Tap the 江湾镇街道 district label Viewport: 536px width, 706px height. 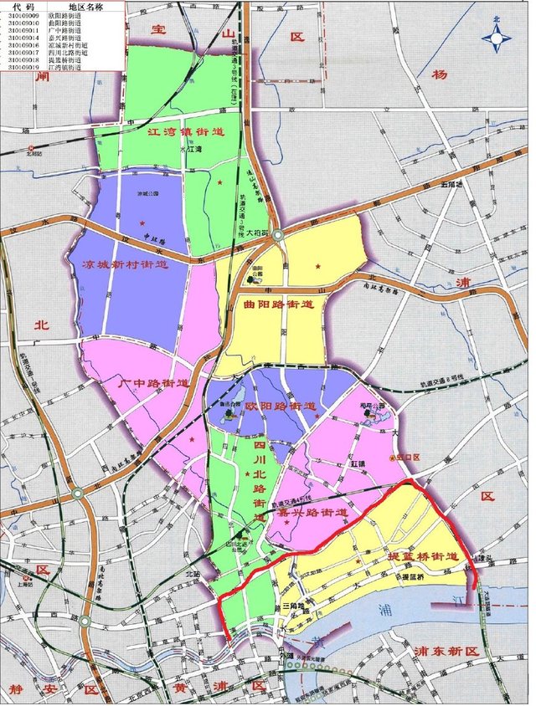pyautogui.click(x=185, y=132)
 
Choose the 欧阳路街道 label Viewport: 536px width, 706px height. pyautogui.click(x=282, y=407)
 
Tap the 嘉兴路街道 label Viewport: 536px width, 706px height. pyautogui.click(x=314, y=513)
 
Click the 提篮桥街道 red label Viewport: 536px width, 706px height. pyautogui.click(x=421, y=556)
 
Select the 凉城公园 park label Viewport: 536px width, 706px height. pyautogui.click(x=148, y=192)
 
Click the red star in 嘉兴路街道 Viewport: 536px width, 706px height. pyautogui.click(x=287, y=524)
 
